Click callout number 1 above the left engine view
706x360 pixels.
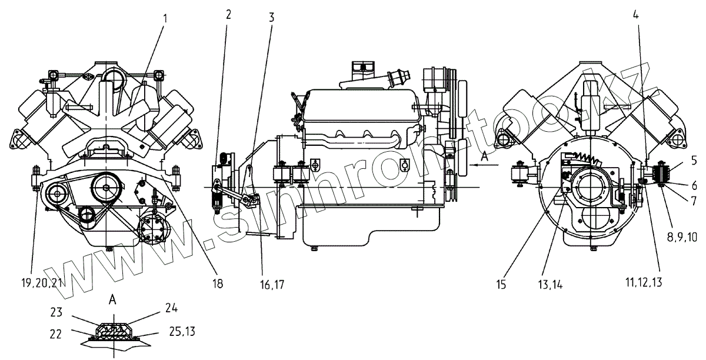coord(165,18)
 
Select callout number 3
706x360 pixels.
coord(271,17)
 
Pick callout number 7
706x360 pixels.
coord(694,200)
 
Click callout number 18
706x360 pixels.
coord(218,284)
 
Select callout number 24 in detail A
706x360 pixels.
coord(171,308)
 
